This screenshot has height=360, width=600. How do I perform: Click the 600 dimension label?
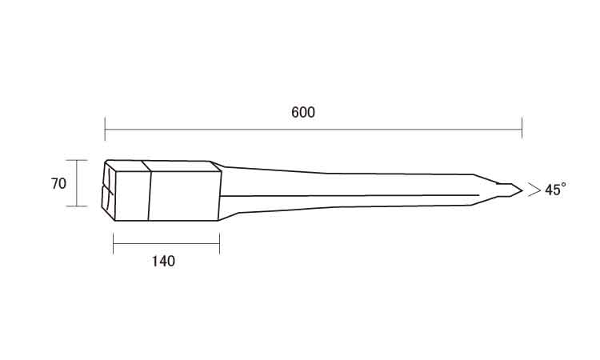(x=303, y=113)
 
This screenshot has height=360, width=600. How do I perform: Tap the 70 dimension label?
(x=58, y=184)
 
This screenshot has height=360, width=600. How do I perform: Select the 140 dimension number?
(x=163, y=262)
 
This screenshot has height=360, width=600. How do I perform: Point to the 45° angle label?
(x=555, y=190)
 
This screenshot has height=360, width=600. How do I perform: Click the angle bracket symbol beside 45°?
(x=534, y=190)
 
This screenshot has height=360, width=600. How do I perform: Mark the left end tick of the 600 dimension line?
(x=105, y=130)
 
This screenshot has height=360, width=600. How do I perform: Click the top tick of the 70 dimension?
(x=77, y=160)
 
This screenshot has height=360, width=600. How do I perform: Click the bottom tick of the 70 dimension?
(x=77, y=206)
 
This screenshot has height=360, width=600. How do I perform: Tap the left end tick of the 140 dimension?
(x=114, y=243)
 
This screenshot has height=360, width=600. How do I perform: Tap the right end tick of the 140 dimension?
(x=219, y=243)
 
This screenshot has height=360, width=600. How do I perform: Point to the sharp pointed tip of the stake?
(x=522, y=190)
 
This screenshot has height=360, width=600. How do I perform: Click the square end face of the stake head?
(x=108, y=190)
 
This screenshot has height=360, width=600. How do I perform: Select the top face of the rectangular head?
(x=163, y=166)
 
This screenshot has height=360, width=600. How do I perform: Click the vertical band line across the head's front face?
(x=150, y=196)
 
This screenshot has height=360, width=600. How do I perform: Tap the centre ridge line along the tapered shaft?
(x=350, y=195)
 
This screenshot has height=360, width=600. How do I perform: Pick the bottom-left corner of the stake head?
(x=114, y=221)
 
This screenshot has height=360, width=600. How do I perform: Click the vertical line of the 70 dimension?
(x=77, y=183)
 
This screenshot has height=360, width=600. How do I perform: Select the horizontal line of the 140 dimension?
(x=166, y=243)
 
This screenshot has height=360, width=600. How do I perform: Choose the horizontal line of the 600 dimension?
(x=314, y=130)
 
